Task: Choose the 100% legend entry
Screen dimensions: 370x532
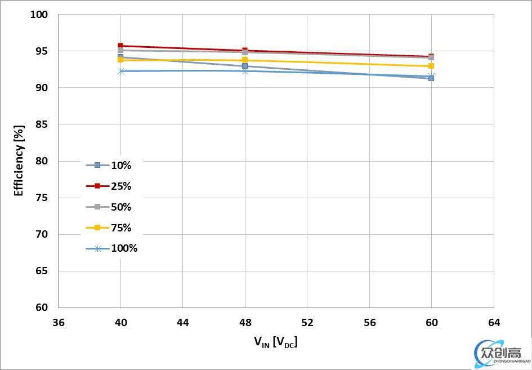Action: (112, 248)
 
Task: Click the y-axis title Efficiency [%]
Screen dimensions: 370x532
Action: (19, 161)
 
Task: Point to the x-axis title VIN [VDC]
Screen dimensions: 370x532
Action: (275, 341)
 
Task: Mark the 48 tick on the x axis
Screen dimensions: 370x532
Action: (245, 323)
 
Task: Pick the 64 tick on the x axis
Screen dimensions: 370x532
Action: (493, 323)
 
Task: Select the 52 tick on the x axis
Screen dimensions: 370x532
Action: (307, 323)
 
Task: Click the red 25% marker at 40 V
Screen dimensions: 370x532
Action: (120, 46)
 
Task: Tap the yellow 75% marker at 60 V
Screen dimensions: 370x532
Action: (431, 66)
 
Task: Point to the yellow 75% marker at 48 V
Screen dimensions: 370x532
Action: (245, 60)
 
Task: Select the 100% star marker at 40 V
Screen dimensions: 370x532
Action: (120, 71)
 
